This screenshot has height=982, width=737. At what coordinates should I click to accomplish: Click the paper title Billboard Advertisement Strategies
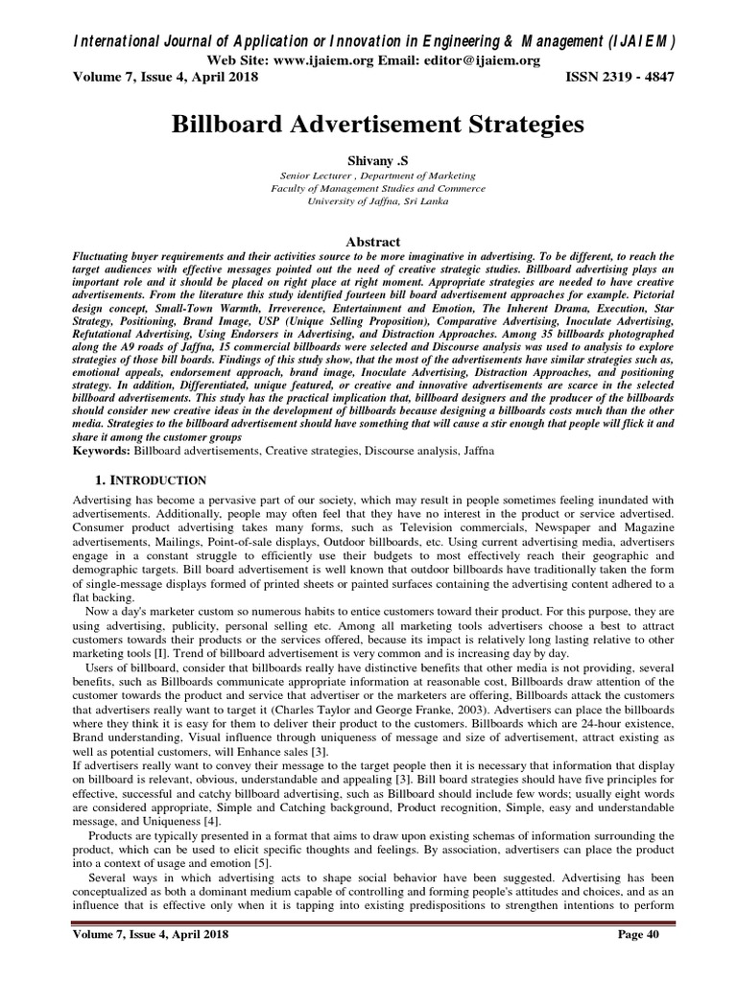[368, 126]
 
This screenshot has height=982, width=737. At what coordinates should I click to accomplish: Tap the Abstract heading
[368, 242]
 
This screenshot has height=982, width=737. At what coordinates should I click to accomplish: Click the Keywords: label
[102, 449]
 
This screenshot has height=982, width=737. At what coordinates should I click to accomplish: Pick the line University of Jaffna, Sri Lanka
[368, 202]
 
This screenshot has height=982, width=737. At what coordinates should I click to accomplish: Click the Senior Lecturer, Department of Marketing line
[368, 176]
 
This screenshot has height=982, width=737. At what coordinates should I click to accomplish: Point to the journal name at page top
[368, 40]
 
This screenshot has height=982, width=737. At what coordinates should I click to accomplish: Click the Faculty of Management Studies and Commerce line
[368, 189]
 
